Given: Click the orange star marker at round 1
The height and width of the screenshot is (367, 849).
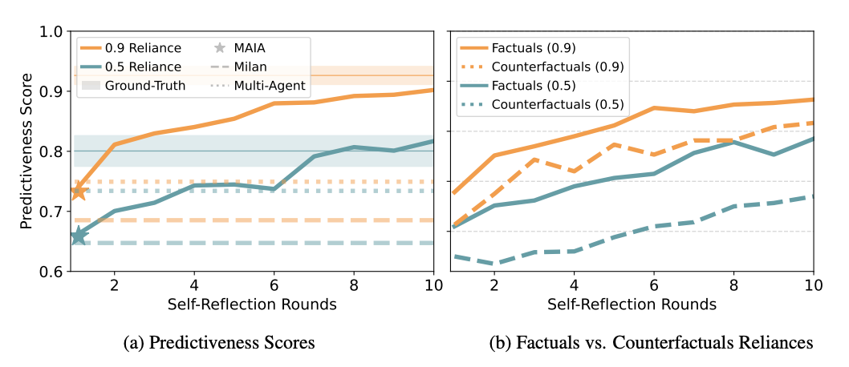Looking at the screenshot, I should pos(79,192).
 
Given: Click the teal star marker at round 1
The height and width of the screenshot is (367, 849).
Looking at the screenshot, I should pos(79,236).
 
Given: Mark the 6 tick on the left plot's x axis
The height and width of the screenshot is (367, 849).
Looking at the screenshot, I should pos(274,284).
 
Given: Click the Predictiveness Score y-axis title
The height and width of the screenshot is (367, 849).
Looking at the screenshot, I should pos(26,151).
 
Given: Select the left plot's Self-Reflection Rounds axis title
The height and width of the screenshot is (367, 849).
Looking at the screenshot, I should pos(253,304).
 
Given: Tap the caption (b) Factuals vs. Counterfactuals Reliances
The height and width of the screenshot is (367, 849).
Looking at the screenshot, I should pos(651,343).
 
